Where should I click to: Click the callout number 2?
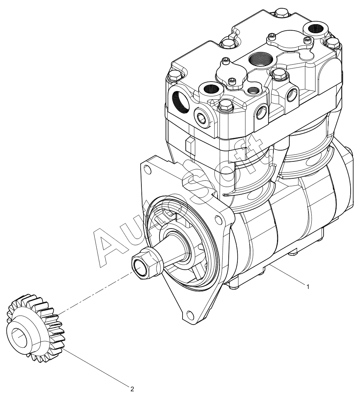click(x=132, y=388)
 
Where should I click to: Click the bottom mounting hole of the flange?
click(x=189, y=314)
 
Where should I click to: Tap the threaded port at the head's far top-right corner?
click(x=315, y=29)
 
